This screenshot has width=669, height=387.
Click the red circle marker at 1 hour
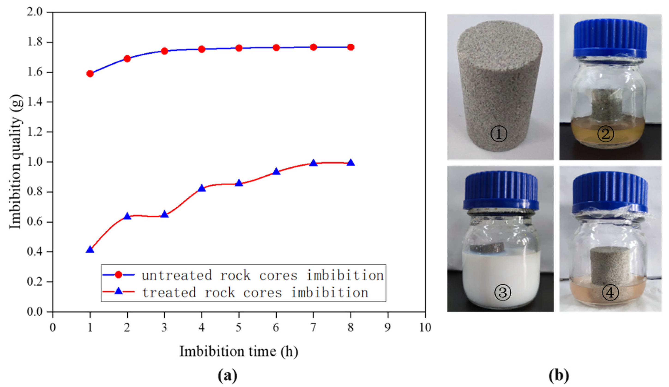point(90,74)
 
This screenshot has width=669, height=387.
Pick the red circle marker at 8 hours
point(351,47)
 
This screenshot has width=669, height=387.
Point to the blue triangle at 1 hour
point(90,250)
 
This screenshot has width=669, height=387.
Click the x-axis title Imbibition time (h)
point(239,352)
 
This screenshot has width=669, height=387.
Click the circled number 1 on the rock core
point(499,134)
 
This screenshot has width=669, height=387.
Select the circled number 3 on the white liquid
point(503,292)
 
